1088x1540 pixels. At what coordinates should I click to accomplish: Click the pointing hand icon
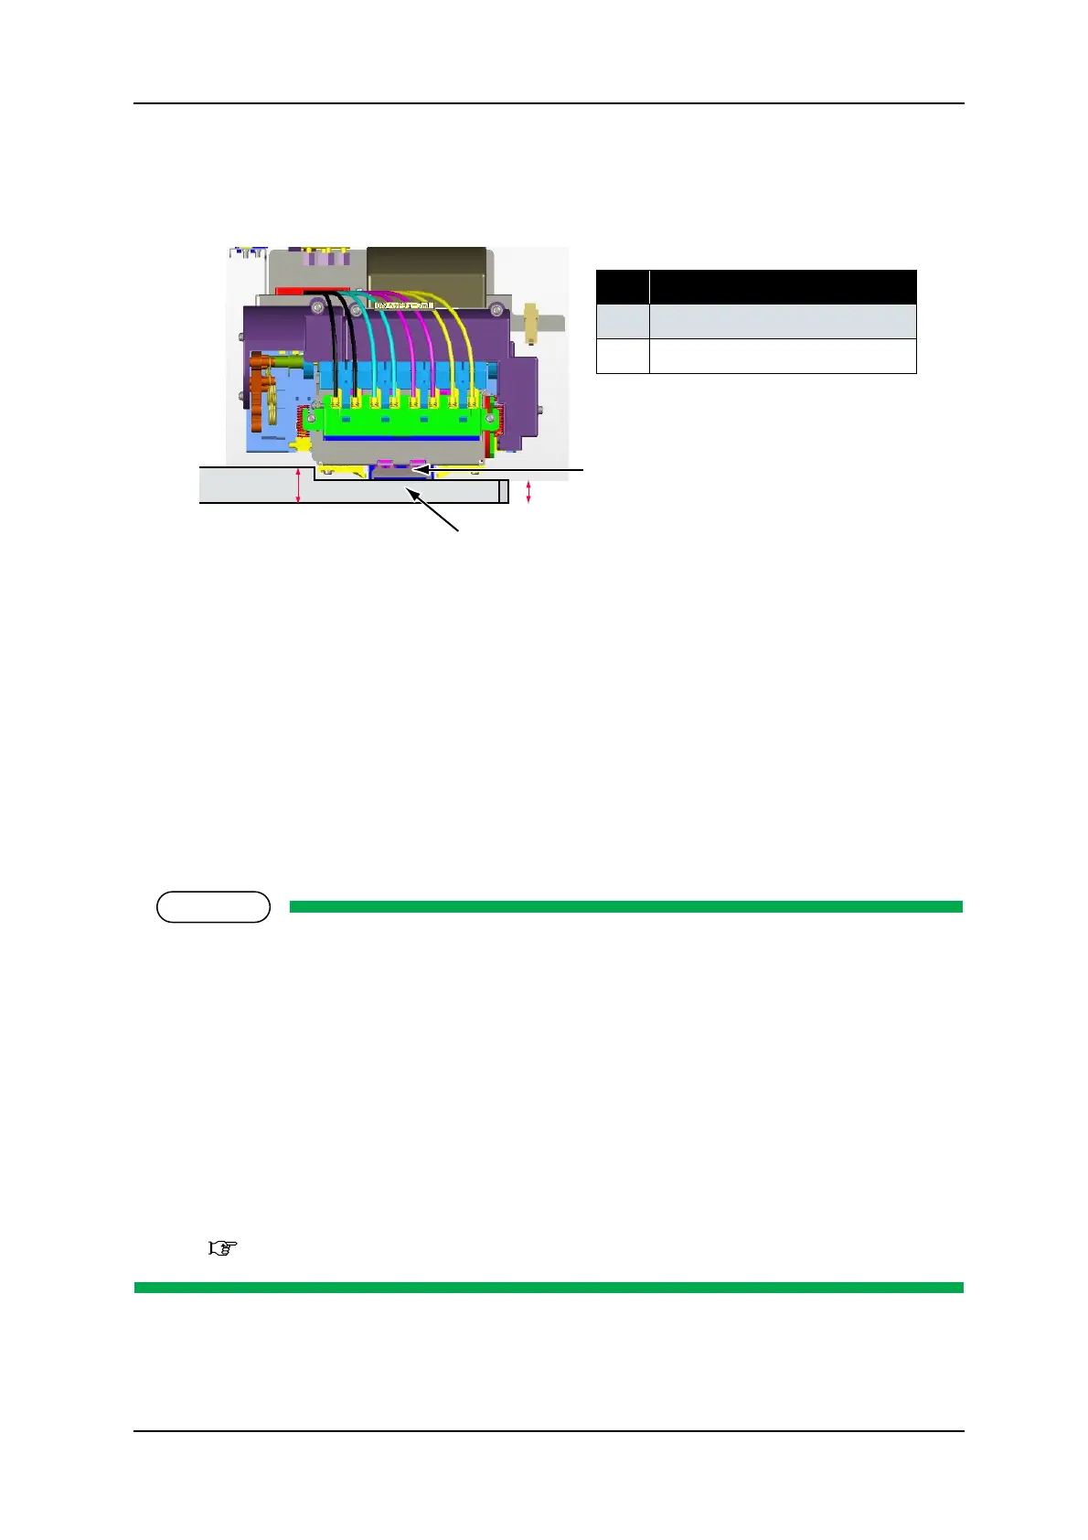click(223, 1247)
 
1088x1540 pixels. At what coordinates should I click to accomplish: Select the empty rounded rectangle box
click(213, 906)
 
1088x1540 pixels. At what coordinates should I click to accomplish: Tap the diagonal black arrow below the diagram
click(434, 509)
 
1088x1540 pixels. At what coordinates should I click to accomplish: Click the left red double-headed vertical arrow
click(298, 485)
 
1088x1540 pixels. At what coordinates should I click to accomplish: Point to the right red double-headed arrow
click(528, 493)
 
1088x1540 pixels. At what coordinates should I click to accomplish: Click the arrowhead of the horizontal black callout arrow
click(417, 469)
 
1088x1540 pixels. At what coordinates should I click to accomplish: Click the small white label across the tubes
click(403, 294)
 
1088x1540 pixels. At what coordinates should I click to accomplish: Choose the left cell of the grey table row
click(623, 322)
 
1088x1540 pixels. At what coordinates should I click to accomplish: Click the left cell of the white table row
click(623, 356)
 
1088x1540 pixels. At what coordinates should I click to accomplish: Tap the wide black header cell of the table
click(783, 287)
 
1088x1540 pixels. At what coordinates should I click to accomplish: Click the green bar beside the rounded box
click(625, 906)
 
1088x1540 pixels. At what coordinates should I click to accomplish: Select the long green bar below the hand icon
click(549, 1287)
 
